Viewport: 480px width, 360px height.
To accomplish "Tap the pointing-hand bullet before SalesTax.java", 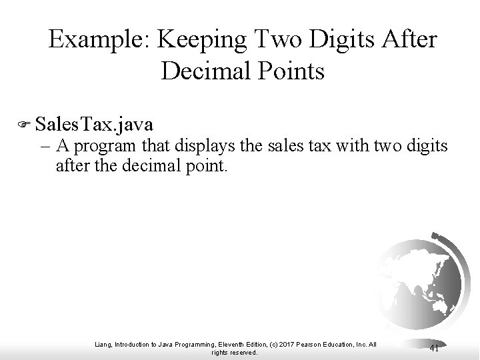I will (27, 124).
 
